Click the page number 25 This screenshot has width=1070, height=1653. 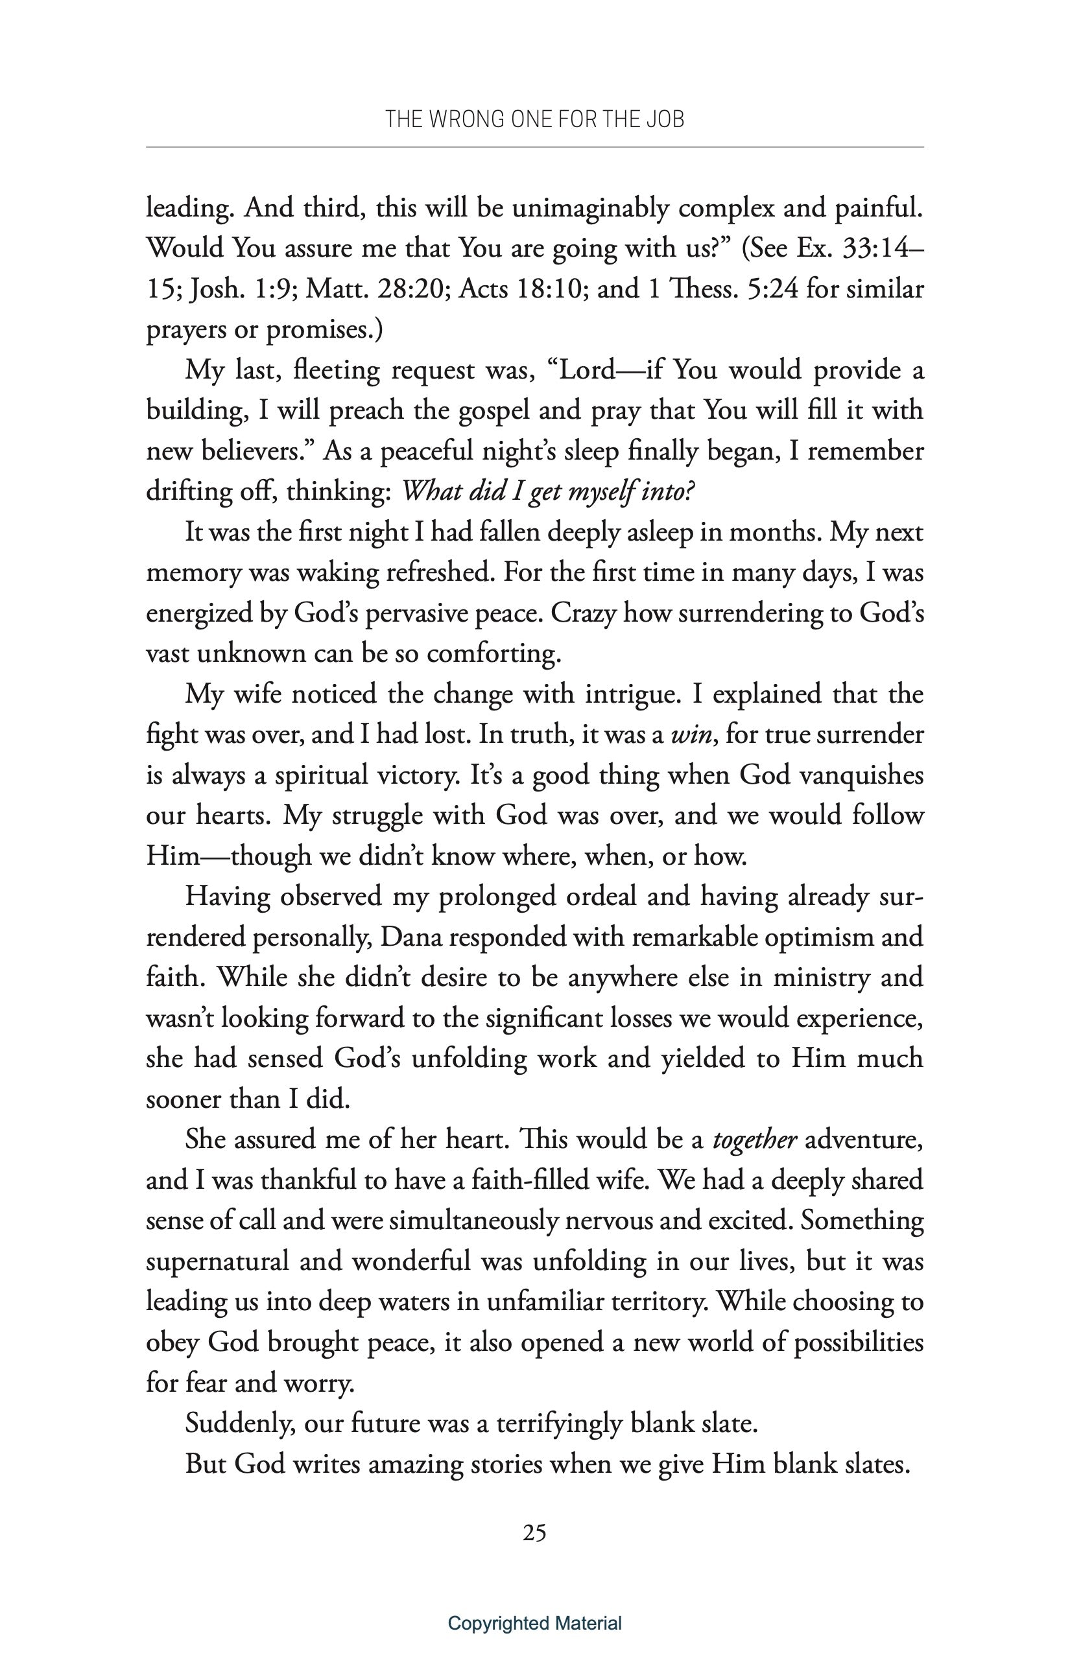pyautogui.click(x=534, y=1533)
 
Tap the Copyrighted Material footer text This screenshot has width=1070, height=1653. pyautogui.click(x=534, y=1623)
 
